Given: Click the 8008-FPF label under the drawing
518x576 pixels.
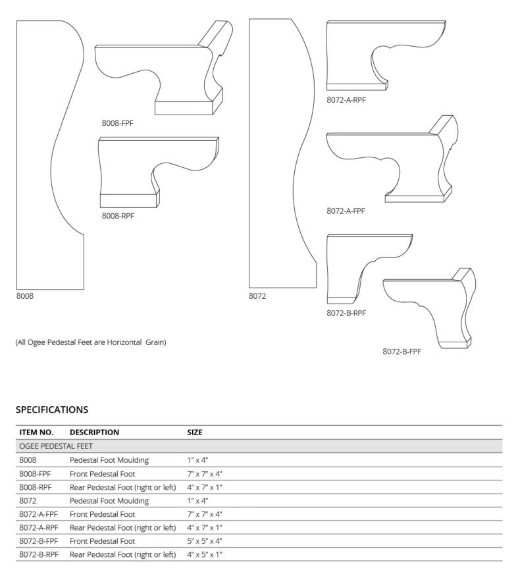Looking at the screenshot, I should tap(118, 122).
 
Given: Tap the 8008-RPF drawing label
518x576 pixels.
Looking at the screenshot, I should tap(118, 215).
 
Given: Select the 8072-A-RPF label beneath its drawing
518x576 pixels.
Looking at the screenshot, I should tap(346, 100).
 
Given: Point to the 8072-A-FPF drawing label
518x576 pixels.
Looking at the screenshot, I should tap(346, 211).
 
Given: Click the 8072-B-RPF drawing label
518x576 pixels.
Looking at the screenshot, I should tap(346, 313).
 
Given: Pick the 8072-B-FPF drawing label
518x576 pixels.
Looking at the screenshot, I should tap(401, 352).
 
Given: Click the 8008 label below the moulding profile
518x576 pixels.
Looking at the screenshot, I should tap(25, 296).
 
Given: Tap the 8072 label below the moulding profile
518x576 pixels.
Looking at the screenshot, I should tap(257, 296).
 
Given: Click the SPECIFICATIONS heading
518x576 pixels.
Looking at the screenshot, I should tap(51, 409).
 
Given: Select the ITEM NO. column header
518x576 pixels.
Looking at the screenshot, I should tap(36, 432).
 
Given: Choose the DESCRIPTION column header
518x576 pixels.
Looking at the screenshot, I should tap(94, 432).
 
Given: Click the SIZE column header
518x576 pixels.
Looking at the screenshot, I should tap(195, 432).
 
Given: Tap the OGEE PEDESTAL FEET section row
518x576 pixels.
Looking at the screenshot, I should tap(57, 446).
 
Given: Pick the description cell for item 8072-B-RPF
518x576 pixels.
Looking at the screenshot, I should tap(122, 555).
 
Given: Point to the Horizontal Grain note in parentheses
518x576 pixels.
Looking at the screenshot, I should tap(91, 342).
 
